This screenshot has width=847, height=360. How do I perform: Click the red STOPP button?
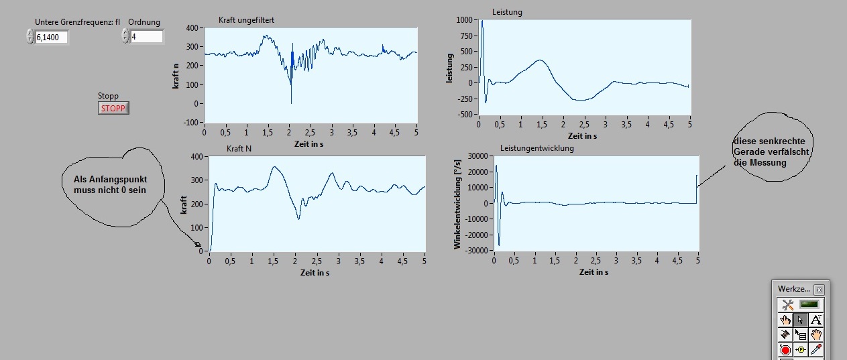113,108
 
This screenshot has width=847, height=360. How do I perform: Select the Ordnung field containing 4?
146,37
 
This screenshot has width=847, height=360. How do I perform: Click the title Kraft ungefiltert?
246,20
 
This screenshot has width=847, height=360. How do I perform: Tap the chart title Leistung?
507,12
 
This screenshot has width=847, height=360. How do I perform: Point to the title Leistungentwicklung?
537,148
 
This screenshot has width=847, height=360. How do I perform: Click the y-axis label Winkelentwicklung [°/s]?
458,204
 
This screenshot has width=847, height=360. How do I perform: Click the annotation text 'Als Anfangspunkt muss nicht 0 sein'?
109,186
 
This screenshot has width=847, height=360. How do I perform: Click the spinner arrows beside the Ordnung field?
125,36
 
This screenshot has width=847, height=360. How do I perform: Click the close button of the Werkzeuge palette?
820,290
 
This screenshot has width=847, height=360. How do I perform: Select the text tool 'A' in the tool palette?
816,320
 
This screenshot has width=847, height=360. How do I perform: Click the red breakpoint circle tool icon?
785,349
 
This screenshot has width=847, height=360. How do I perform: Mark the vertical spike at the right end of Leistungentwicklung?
697,188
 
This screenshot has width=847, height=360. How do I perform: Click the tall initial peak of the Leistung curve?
482,23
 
